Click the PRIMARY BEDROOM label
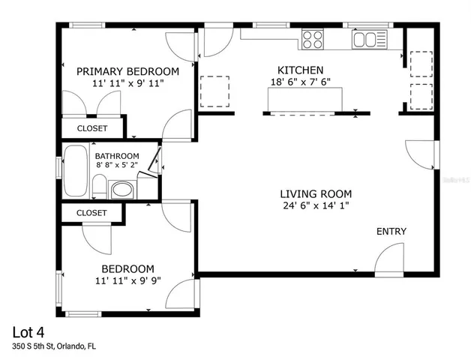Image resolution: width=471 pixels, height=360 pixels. [127, 72]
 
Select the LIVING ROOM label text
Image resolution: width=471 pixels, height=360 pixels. [316, 193]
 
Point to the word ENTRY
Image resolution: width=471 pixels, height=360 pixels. [391, 232]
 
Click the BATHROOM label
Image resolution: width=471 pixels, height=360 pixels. [116, 156]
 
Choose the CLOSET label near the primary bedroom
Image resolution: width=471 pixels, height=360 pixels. [92, 128]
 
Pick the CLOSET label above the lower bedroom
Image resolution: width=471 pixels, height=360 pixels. [92, 213]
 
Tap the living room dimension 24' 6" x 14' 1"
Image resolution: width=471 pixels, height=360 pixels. [316, 205]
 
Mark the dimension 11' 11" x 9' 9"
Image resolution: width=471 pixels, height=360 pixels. [127, 281]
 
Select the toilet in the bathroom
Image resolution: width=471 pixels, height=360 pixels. [98, 185]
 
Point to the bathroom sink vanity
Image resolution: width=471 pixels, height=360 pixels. [121, 190]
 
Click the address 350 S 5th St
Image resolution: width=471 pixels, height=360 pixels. [53, 346]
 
